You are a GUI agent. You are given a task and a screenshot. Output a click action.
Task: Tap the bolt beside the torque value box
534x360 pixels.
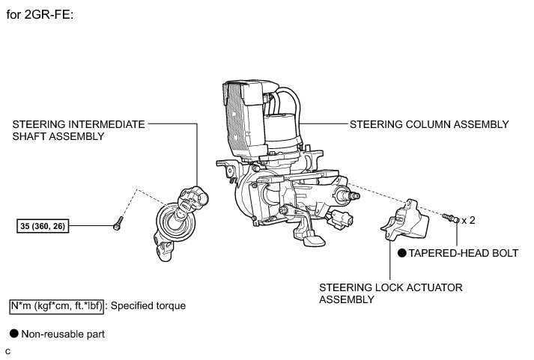(x=118, y=222)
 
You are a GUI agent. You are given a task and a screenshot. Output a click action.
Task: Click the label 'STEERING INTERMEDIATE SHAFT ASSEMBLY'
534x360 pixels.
(x=79, y=130)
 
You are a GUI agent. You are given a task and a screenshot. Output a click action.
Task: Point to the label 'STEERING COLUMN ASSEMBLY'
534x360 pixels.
(x=429, y=124)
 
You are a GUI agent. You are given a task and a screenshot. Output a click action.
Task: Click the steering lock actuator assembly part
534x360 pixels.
(x=405, y=222)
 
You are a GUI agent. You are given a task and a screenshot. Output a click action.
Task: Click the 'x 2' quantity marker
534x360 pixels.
(x=469, y=220)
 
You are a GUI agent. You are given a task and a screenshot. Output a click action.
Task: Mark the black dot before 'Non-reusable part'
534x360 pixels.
(x=13, y=334)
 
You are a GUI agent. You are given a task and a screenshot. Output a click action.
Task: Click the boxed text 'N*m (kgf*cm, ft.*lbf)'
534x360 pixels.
(x=57, y=305)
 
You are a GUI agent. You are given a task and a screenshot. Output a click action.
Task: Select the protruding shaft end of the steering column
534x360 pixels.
(x=351, y=196)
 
